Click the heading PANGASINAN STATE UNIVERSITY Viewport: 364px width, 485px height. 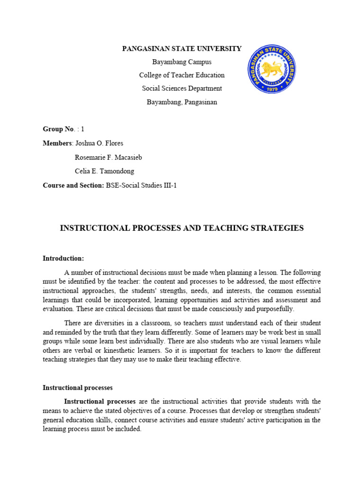tap(182, 48)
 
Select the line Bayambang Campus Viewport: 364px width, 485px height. tap(182, 62)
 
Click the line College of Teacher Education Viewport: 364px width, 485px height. tap(182, 75)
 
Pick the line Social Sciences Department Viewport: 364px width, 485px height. tap(182, 89)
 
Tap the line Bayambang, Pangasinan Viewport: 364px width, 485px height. tap(182, 102)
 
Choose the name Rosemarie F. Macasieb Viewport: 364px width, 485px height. tap(109, 157)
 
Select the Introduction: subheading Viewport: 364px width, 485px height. tap(63, 259)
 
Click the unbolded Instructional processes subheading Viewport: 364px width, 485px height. tap(78, 387)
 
